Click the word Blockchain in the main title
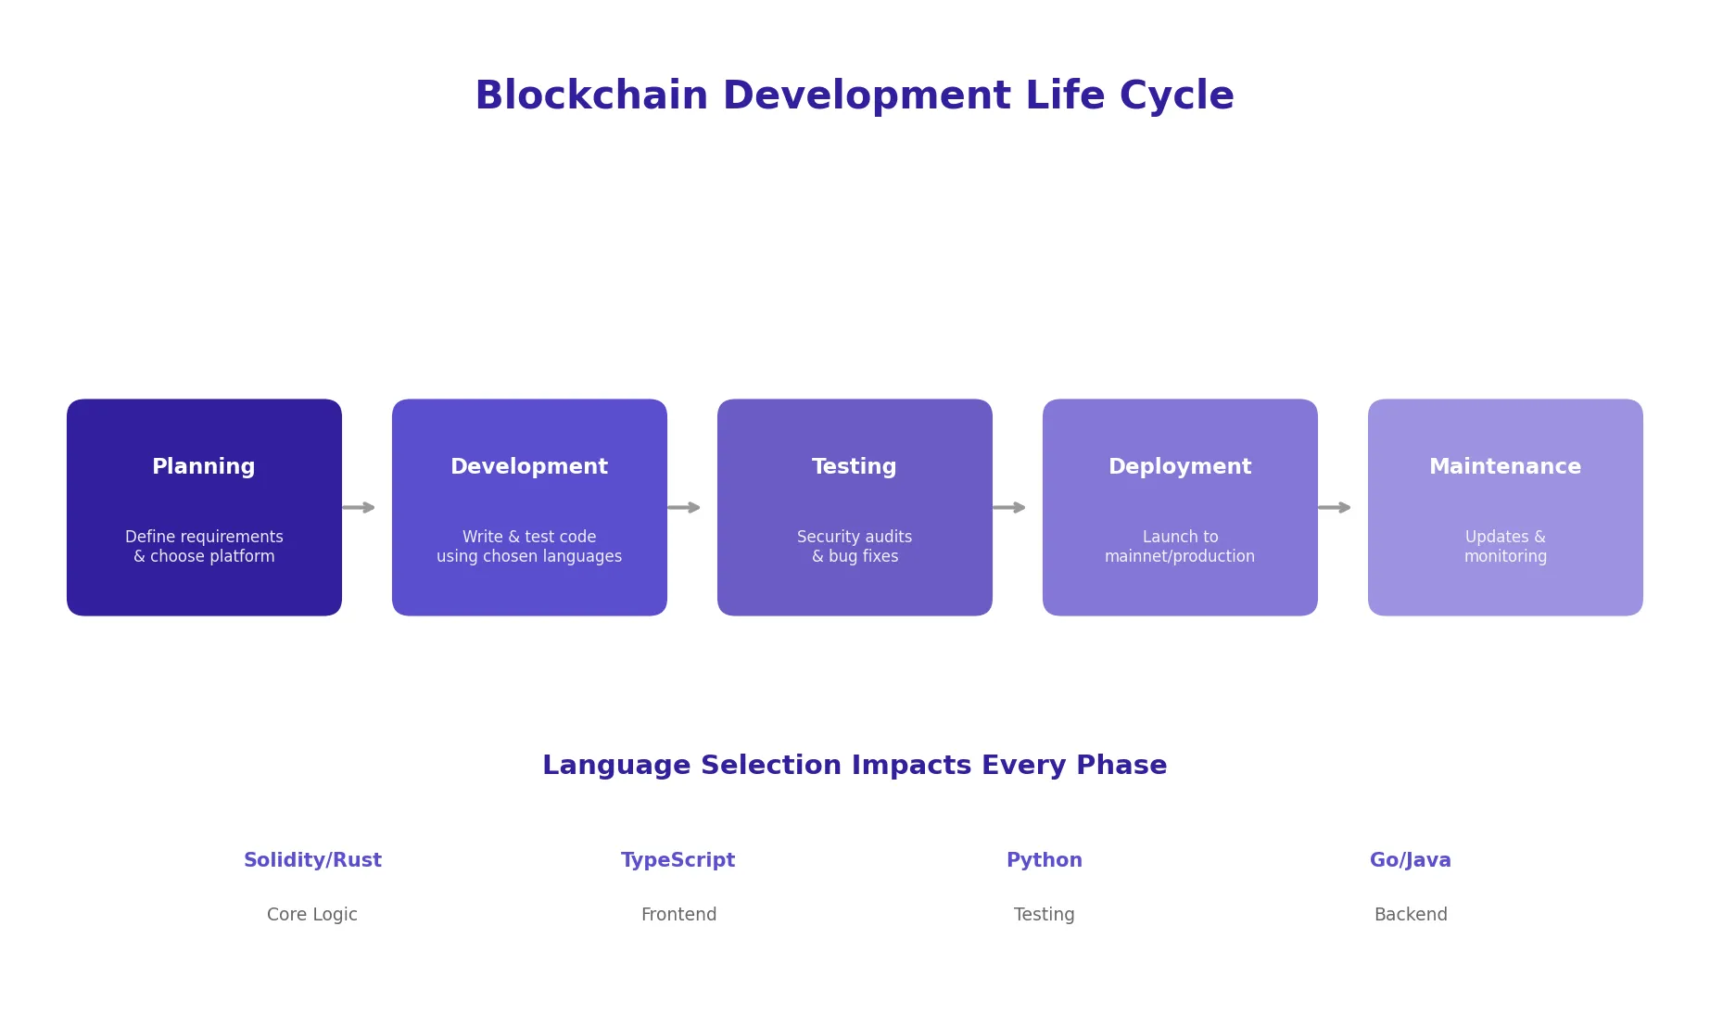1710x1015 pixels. tap(591, 96)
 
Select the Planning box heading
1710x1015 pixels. tap(204, 467)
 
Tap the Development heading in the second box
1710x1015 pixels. tap(529, 467)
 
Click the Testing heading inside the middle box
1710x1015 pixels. tap(855, 467)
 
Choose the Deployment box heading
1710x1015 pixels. tap(1180, 467)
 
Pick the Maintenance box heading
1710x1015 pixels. tap(1505, 467)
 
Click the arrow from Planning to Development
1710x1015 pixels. tap(359, 507)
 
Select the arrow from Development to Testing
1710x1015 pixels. tap(684, 507)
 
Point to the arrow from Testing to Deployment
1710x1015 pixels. tap(1009, 507)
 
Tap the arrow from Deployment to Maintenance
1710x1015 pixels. tap(1335, 507)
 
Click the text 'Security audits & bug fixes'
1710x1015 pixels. tap(855, 547)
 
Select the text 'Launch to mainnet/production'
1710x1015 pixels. tap(1180, 547)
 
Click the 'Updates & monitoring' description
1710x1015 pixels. tap(1505, 547)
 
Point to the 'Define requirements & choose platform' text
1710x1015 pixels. tap(204, 547)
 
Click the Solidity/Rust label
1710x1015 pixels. tap(312, 860)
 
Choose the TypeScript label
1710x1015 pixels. tap(678, 860)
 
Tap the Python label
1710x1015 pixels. tap(1045, 860)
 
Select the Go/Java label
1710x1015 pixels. tap(1411, 860)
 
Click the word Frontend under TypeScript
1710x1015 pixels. tap(678, 915)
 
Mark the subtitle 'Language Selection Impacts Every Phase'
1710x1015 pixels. tap(855, 766)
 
